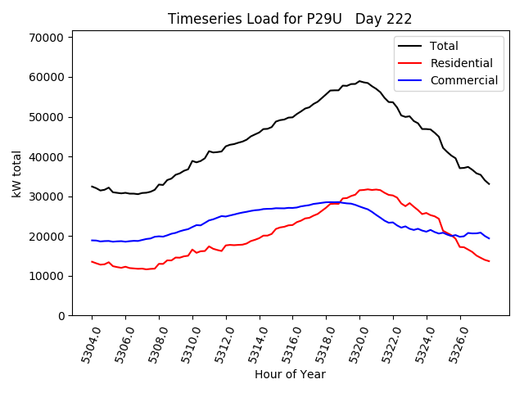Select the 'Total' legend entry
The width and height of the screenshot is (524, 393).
point(444,46)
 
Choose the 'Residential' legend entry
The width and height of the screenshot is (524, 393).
point(462,63)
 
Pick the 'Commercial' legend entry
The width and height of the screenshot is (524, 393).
point(463,80)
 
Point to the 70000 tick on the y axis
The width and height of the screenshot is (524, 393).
point(47,38)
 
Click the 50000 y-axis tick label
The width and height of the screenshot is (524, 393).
point(47,117)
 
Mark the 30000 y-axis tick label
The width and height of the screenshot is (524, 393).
point(47,196)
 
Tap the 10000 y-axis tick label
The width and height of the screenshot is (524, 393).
point(47,276)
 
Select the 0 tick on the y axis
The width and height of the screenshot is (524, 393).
point(61,316)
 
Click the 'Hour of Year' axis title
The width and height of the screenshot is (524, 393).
point(290,374)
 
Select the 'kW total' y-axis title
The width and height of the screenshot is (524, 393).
point(17,174)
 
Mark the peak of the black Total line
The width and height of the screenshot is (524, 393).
point(359,81)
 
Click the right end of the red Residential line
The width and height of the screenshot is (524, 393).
point(489,261)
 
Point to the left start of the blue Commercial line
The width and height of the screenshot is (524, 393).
point(92,240)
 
